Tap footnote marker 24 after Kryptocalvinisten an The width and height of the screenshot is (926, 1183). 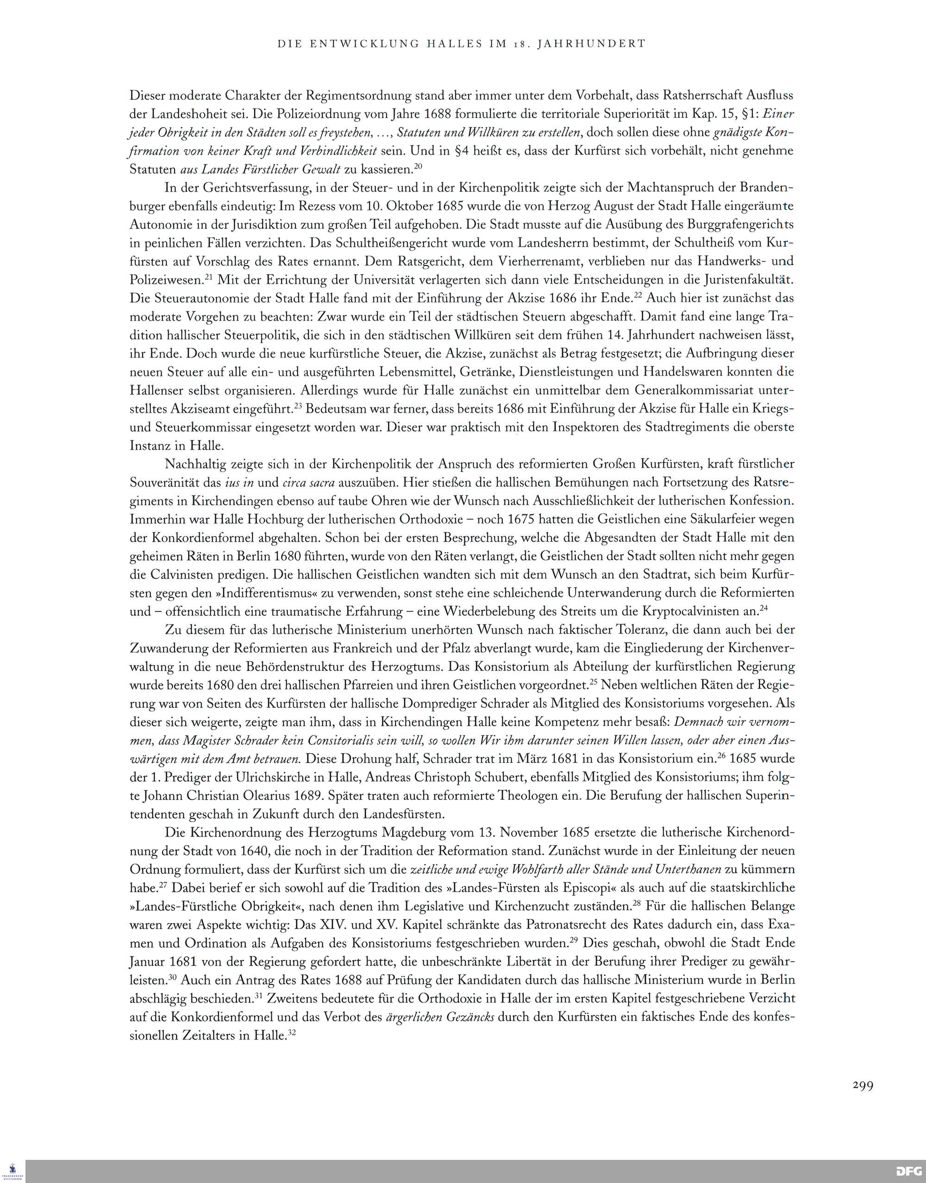pos(763,608)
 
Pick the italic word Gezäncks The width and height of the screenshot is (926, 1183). pos(469,1017)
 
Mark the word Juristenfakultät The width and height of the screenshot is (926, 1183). pos(741,280)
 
